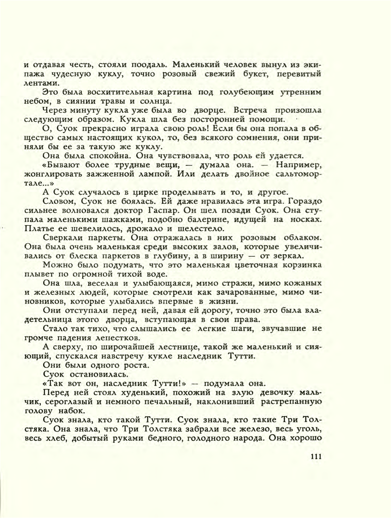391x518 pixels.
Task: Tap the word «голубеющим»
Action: pyautogui.click(x=247, y=92)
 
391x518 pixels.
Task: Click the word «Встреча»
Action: pyautogui.click(x=250, y=110)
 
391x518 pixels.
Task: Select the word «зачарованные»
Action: pyautogui.click(x=246, y=292)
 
